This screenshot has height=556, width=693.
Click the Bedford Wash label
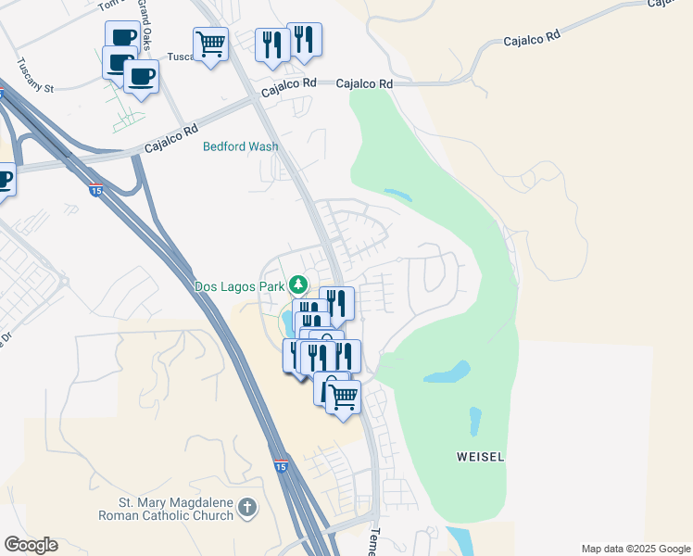(241, 146)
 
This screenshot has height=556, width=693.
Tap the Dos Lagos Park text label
(240, 286)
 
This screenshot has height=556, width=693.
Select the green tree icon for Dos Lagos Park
(298, 284)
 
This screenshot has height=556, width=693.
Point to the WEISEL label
(481, 457)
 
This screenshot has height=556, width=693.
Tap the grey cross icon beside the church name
(246, 507)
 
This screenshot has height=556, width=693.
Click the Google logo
(31, 545)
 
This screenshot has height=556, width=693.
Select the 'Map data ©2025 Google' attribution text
(636, 549)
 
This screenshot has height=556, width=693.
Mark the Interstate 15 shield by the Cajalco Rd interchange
(96, 191)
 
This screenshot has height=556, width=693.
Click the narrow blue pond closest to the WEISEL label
(475, 422)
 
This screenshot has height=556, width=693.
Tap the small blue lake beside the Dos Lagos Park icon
(286, 322)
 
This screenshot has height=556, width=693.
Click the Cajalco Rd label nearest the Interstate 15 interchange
(171, 140)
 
